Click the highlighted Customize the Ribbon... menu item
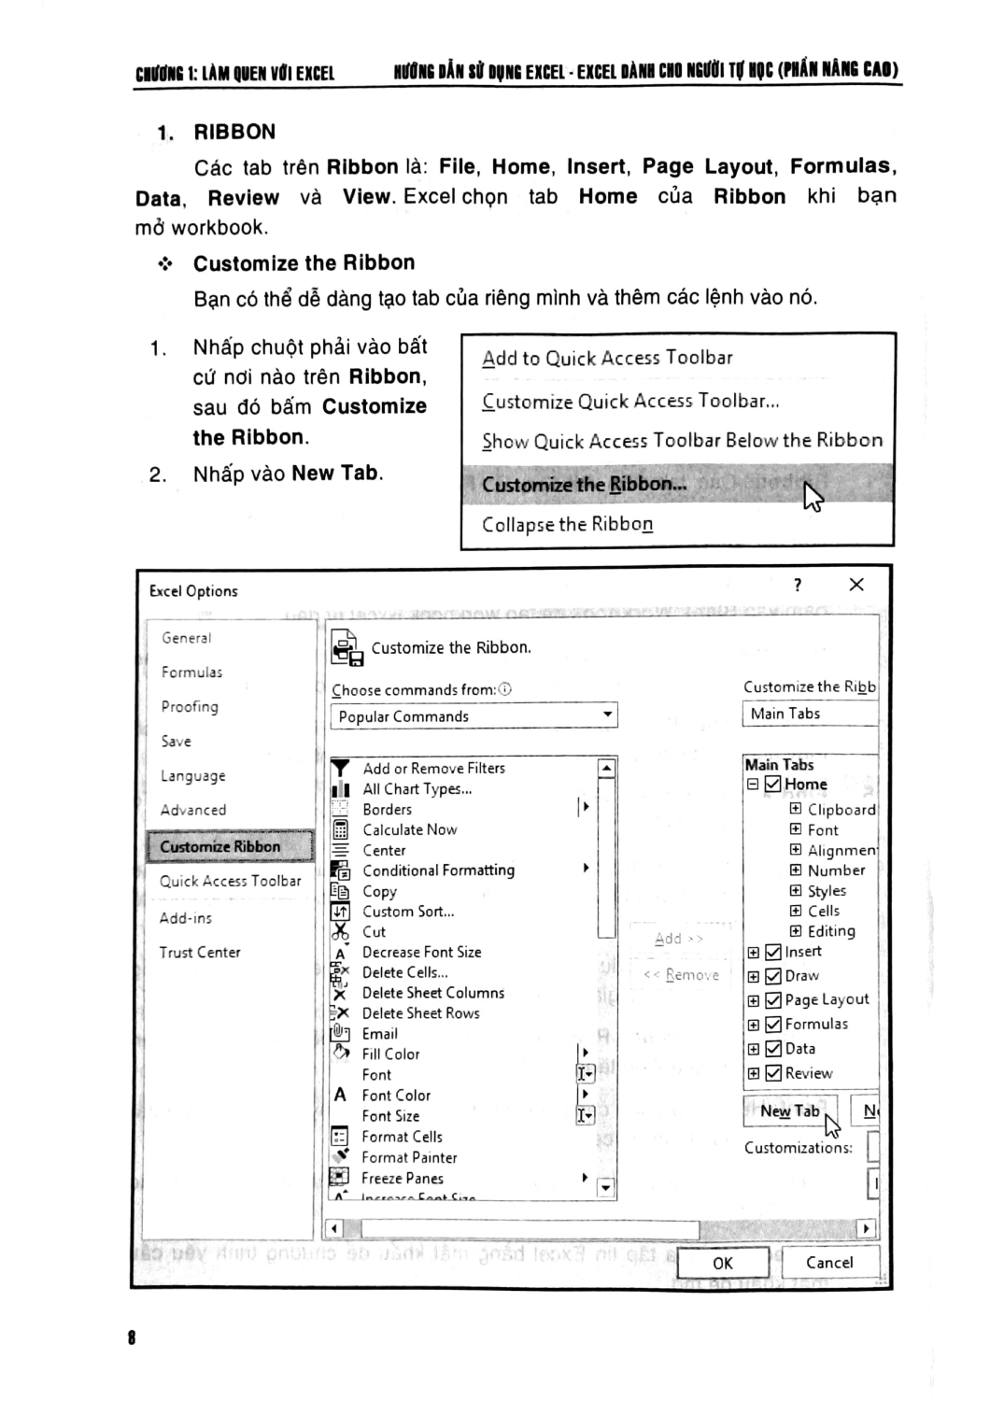click(x=584, y=485)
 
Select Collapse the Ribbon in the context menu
click(x=567, y=525)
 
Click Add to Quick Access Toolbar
click(x=607, y=358)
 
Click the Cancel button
click(x=828, y=1263)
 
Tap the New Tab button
click(x=789, y=1111)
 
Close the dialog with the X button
click(x=856, y=585)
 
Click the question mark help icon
click(x=797, y=586)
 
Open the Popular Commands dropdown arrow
click(x=607, y=715)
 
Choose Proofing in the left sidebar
click(x=190, y=707)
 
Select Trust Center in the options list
click(x=200, y=953)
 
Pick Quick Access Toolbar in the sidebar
click(x=230, y=881)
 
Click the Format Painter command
click(x=409, y=1157)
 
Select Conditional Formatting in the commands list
click(x=438, y=870)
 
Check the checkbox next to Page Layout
click(x=773, y=999)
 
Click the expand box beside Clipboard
click(x=796, y=809)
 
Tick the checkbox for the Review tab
click(x=773, y=1073)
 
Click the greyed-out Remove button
click(x=682, y=975)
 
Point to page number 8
click(x=132, y=1337)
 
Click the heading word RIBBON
click(x=234, y=133)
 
